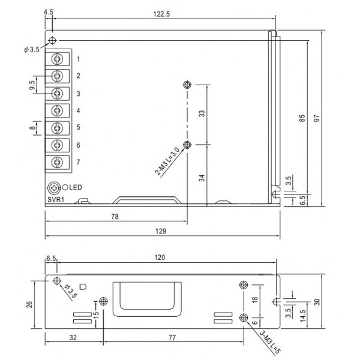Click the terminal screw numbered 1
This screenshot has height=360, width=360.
(x=58, y=59)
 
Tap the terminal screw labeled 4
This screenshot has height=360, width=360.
(x=58, y=110)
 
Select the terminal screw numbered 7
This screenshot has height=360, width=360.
(x=58, y=162)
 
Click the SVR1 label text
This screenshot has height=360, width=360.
(x=56, y=198)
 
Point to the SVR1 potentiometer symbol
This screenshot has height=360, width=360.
(x=55, y=187)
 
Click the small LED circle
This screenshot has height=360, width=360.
(x=65, y=187)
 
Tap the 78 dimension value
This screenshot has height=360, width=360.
(x=115, y=217)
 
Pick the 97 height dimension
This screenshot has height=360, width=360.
(x=325, y=118)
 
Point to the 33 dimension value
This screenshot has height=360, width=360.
(x=202, y=114)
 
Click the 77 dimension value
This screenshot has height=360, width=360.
(x=173, y=338)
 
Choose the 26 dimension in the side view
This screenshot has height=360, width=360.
(x=29, y=304)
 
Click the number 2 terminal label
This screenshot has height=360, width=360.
(x=78, y=76)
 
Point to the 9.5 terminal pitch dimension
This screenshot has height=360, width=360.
(x=31, y=85)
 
